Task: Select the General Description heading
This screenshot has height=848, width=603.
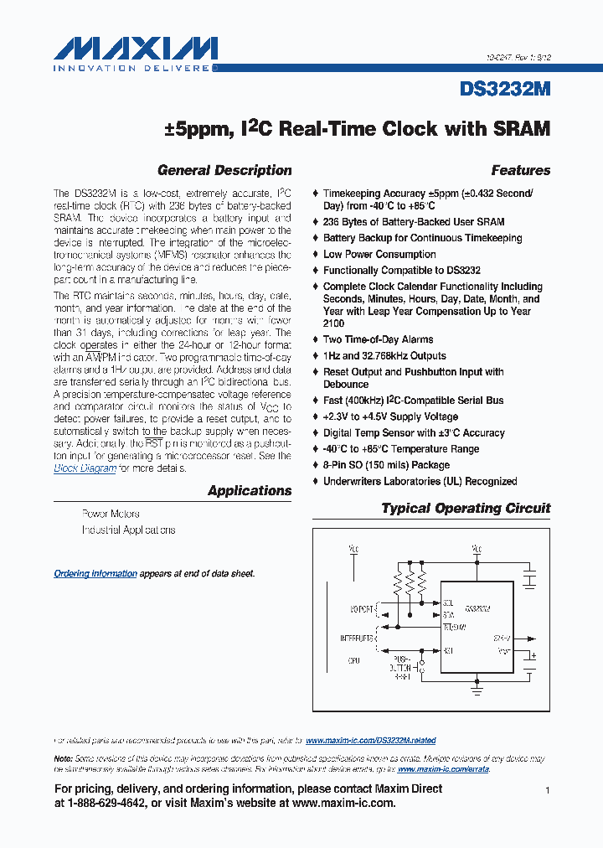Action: [x=224, y=170]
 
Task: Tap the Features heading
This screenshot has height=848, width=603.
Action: [x=520, y=170]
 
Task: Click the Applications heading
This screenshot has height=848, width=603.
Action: [x=250, y=491]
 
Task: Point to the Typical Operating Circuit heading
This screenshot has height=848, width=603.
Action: [x=466, y=508]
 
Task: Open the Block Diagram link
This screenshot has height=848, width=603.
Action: [x=85, y=468]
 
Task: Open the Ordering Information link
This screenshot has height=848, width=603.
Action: [x=95, y=574]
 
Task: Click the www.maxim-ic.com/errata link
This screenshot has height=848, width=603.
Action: [x=443, y=768]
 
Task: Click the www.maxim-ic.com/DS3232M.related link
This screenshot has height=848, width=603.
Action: [x=370, y=741]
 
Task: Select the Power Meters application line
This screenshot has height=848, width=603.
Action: [x=111, y=514]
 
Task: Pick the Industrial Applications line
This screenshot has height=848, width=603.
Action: [x=128, y=530]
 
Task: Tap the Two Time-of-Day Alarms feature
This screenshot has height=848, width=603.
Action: [x=378, y=339]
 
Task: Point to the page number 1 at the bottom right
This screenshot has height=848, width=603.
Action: [x=547, y=790]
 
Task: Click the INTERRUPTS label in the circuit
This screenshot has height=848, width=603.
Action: [x=357, y=638]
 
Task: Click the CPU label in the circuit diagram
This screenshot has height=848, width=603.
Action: [x=354, y=660]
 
